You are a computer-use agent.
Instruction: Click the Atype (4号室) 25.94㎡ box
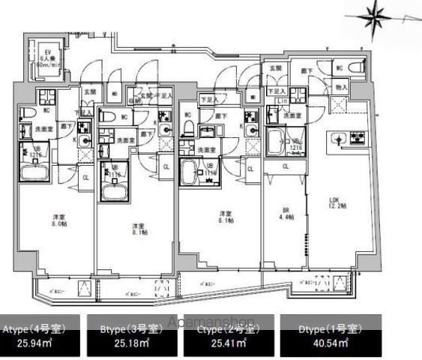click(x=42, y=335)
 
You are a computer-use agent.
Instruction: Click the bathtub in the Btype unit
click(x=114, y=192)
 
